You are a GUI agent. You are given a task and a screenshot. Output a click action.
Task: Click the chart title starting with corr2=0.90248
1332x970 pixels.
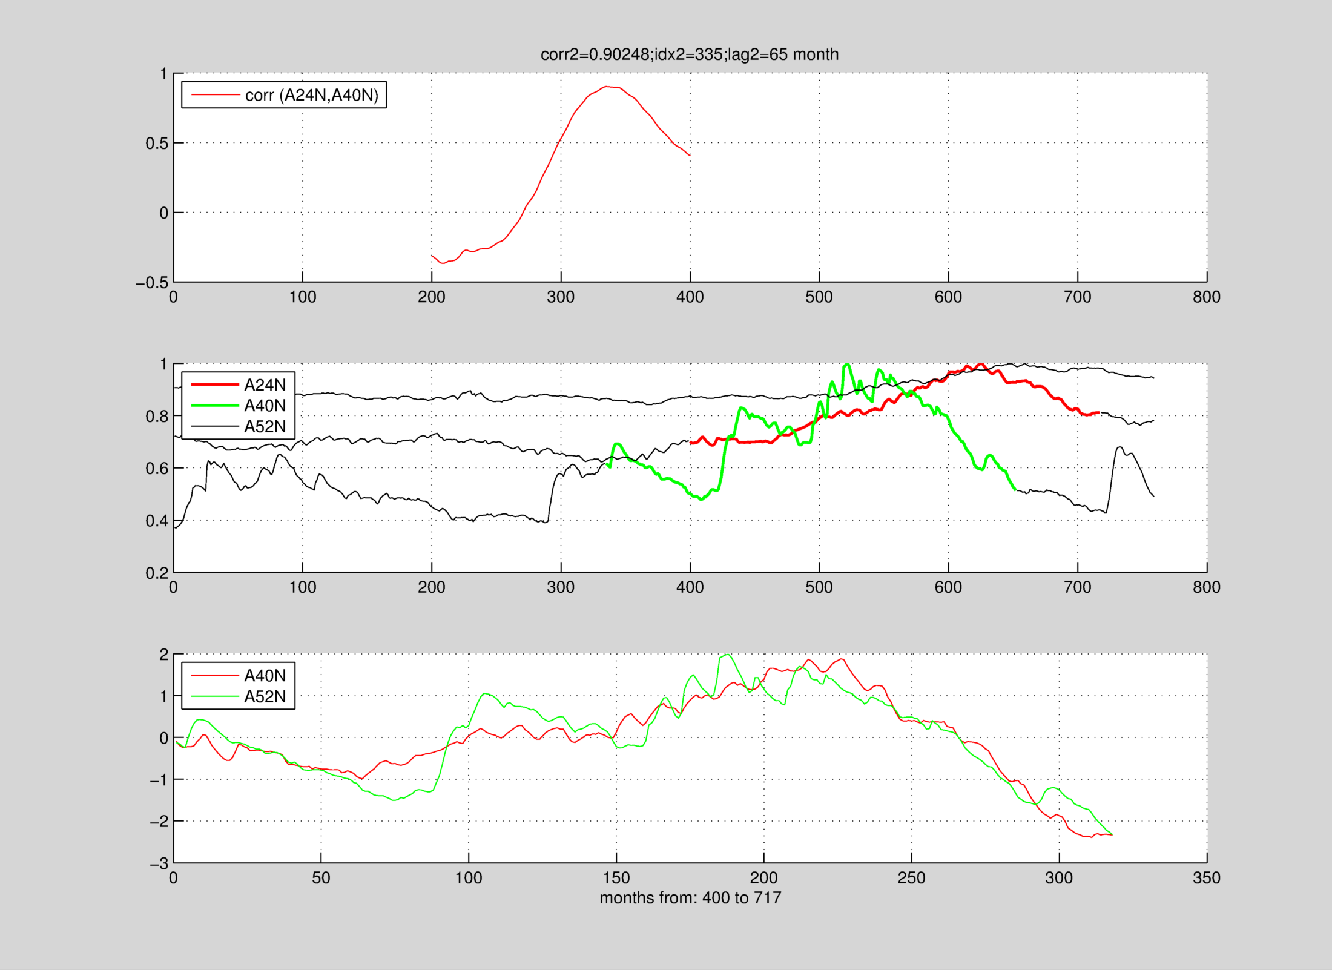690,54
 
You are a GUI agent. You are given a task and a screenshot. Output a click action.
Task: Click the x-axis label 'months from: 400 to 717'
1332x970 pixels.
690,897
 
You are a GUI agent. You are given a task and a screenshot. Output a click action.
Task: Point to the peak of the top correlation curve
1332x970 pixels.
607,87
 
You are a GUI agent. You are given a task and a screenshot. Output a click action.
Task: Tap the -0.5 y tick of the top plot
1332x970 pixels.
152,283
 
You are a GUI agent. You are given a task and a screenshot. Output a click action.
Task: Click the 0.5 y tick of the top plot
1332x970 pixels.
156,144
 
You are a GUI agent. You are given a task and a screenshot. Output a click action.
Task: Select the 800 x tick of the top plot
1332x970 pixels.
1206,297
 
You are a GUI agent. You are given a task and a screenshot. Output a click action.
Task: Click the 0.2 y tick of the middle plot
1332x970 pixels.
156,573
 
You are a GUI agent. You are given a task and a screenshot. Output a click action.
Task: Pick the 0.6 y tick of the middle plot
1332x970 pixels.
156,469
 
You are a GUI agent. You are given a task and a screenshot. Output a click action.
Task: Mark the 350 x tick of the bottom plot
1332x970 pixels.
1206,878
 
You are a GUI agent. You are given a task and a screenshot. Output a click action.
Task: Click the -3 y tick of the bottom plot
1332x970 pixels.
159,864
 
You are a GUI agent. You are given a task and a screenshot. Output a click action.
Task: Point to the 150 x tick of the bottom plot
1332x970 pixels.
616,878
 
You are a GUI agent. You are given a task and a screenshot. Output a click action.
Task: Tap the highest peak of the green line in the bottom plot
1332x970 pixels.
726,655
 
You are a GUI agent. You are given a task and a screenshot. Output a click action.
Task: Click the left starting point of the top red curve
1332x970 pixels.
432,256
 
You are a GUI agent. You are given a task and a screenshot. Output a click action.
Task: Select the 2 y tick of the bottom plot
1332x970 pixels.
163,655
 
